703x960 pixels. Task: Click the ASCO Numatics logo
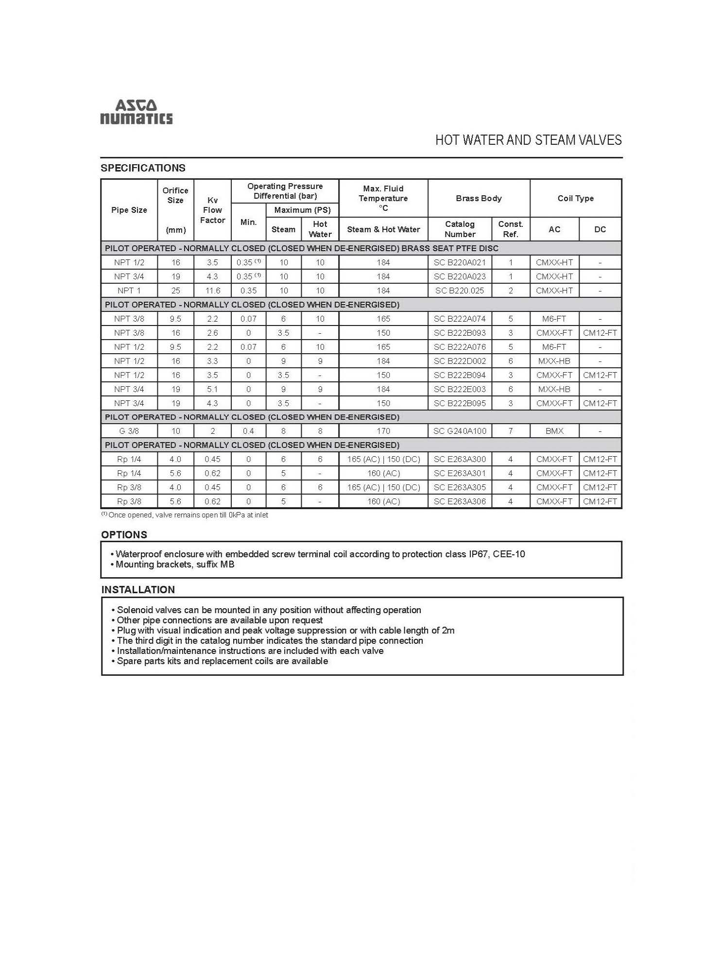tap(136, 112)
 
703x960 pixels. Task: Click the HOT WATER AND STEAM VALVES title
tap(528, 140)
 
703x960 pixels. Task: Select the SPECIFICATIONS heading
tap(143, 168)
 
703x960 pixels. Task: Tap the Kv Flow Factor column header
tap(212, 210)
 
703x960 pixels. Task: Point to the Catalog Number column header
tap(460, 229)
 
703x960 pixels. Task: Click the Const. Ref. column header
tap(510, 229)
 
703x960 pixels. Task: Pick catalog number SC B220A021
tap(460, 262)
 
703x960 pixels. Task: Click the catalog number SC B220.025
tap(460, 291)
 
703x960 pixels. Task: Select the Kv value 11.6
tap(212, 291)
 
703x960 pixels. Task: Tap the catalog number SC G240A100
tap(460, 431)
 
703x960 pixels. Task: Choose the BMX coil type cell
tap(554, 431)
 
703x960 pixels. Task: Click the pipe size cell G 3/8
tap(129, 431)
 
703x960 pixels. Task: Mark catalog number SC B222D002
tap(460, 361)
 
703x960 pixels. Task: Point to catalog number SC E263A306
tap(460, 501)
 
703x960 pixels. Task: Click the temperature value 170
tap(383, 431)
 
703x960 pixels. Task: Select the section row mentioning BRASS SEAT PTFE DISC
tap(301, 248)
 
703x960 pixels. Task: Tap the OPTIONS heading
tap(124, 535)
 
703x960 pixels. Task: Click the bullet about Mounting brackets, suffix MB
tap(174, 565)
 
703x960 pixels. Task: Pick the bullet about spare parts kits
tap(222, 661)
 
